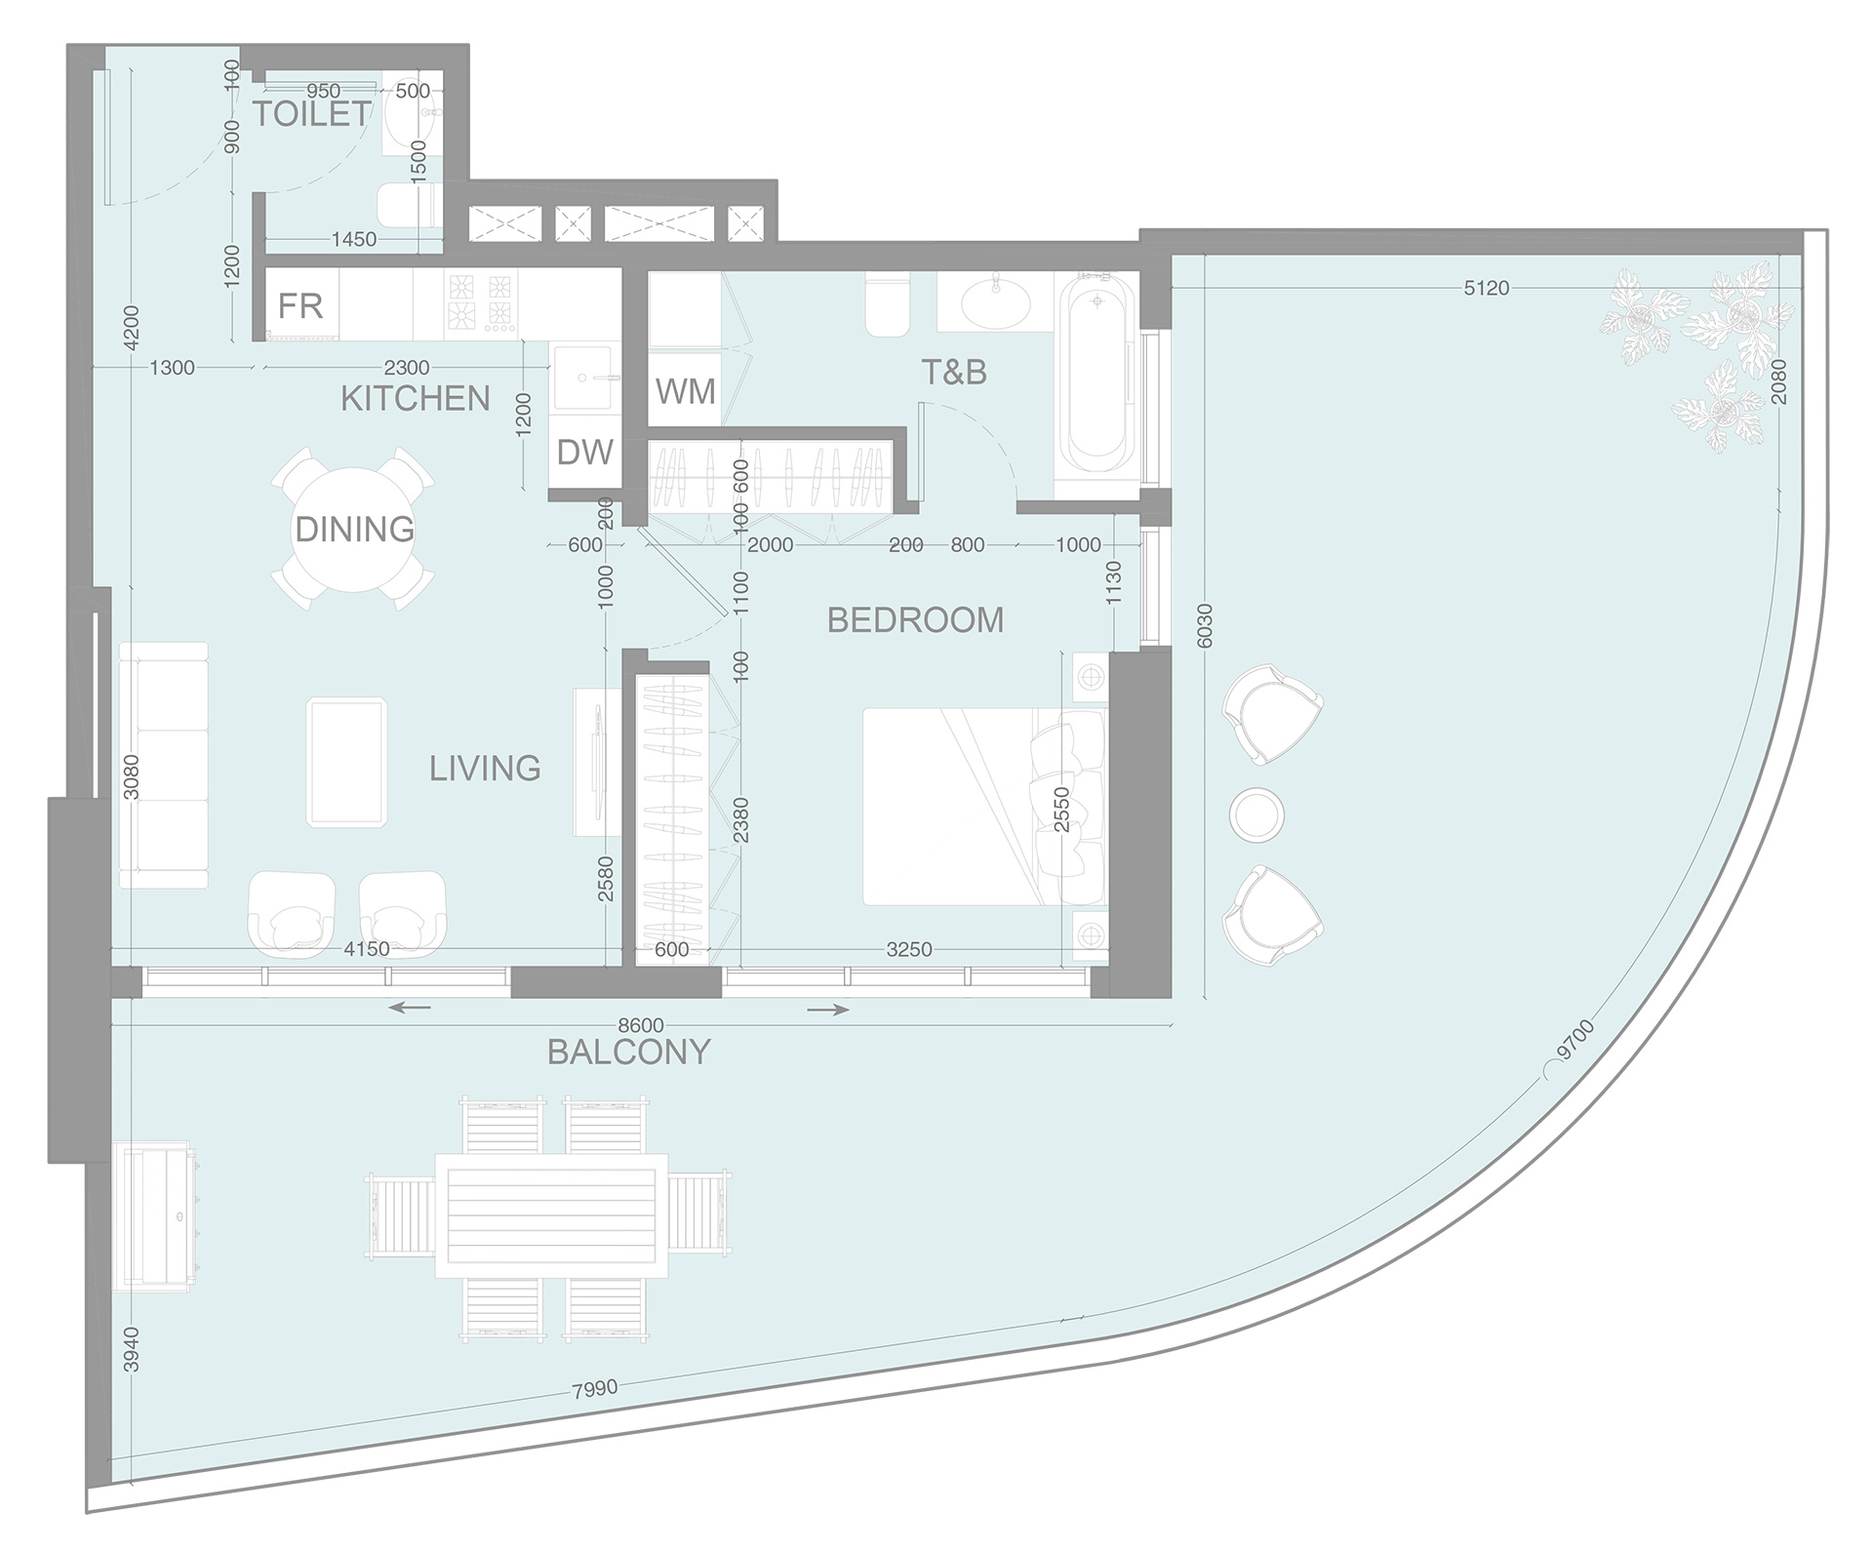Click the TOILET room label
click(x=312, y=114)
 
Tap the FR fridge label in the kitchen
click(x=299, y=306)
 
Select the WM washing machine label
click(x=685, y=391)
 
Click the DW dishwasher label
click(x=584, y=453)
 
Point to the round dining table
click(x=354, y=529)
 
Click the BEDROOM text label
click(x=915, y=620)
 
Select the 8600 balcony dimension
click(x=641, y=1025)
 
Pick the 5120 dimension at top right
click(x=1486, y=288)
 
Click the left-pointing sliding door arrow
click(x=409, y=1008)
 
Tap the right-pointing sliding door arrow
click(x=828, y=1010)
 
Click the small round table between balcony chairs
click(x=1256, y=814)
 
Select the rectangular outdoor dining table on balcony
click(x=551, y=1214)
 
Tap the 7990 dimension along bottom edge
click(x=594, y=1388)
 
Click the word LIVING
click(x=485, y=769)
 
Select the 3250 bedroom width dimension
click(x=908, y=949)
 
